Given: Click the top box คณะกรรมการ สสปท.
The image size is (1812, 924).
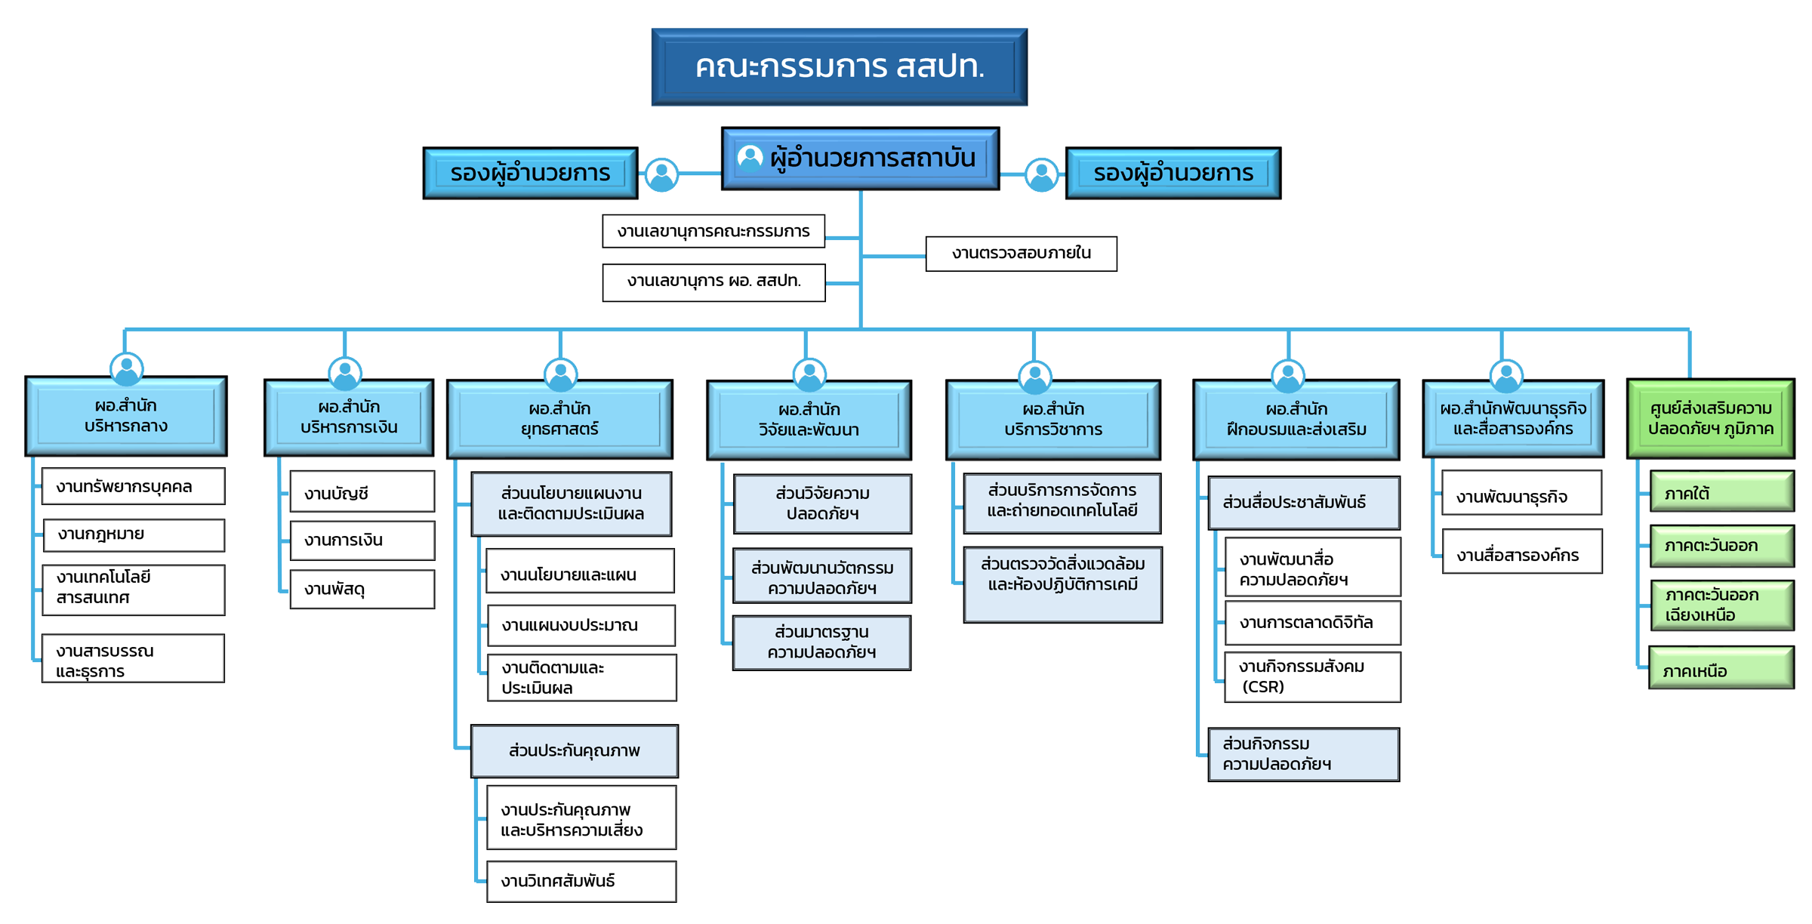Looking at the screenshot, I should pyautogui.click(x=839, y=67).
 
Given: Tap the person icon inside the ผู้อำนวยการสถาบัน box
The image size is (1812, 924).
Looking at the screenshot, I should pyautogui.click(x=750, y=158).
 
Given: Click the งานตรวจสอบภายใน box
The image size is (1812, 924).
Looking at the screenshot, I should pyautogui.click(x=1021, y=254).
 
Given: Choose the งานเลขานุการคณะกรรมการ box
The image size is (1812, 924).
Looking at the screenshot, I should pyautogui.click(x=713, y=231).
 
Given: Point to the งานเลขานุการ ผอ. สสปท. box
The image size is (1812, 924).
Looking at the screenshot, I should pyautogui.click(x=713, y=282).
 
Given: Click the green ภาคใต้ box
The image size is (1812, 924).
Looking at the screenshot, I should pyautogui.click(x=1721, y=493).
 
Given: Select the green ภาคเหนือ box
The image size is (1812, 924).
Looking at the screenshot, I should pyautogui.click(x=1721, y=669).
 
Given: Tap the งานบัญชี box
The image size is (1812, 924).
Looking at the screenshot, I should pyautogui.click(x=362, y=492).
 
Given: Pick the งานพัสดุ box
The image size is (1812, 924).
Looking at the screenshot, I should pyautogui.click(x=362, y=589).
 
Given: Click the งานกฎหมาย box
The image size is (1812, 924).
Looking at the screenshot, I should pyautogui.click(x=134, y=534).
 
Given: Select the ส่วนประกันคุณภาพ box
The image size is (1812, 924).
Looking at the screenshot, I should pyautogui.click(x=574, y=751).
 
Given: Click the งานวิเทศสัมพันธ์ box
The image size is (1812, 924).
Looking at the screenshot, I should pyautogui.click(x=581, y=881).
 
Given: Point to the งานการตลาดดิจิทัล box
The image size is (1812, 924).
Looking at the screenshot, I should pyautogui.click(x=1311, y=623).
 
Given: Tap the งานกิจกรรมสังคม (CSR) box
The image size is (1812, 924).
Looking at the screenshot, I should pyautogui.click(x=1311, y=677).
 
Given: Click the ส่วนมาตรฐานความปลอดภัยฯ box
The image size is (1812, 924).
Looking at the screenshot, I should pyautogui.click(x=821, y=642).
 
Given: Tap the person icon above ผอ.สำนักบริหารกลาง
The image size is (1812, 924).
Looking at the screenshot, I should pyautogui.click(x=127, y=368).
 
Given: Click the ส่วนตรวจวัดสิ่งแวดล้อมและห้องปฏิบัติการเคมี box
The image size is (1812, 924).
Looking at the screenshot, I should pyautogui.click(x=1062, y=584).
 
